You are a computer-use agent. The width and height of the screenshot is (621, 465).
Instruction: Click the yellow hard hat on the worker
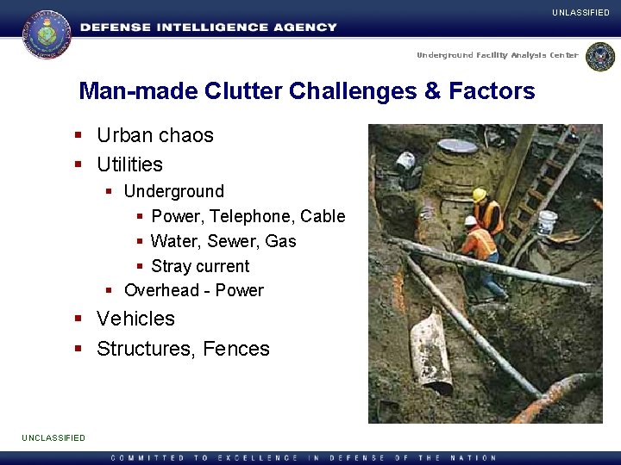tap(480, 195)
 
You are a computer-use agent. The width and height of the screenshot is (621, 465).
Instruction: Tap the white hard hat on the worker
tap(470, 220)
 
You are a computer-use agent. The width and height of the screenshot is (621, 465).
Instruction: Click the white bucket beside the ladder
tap(547, 221)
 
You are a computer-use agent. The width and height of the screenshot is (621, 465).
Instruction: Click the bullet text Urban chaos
tap(154, 135)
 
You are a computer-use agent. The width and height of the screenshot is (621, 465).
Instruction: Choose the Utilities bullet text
tap(129, 164)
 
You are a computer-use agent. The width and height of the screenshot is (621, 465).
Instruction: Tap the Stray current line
tap(199, 266)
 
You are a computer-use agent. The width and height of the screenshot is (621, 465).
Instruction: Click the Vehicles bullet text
tap(135, 319)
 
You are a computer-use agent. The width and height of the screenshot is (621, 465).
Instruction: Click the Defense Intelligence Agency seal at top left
tap(47, 33)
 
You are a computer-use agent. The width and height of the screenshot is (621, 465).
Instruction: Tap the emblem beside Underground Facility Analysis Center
tap(599, 57)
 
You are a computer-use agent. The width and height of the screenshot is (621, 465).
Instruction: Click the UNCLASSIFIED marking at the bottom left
tap(53, 437)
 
